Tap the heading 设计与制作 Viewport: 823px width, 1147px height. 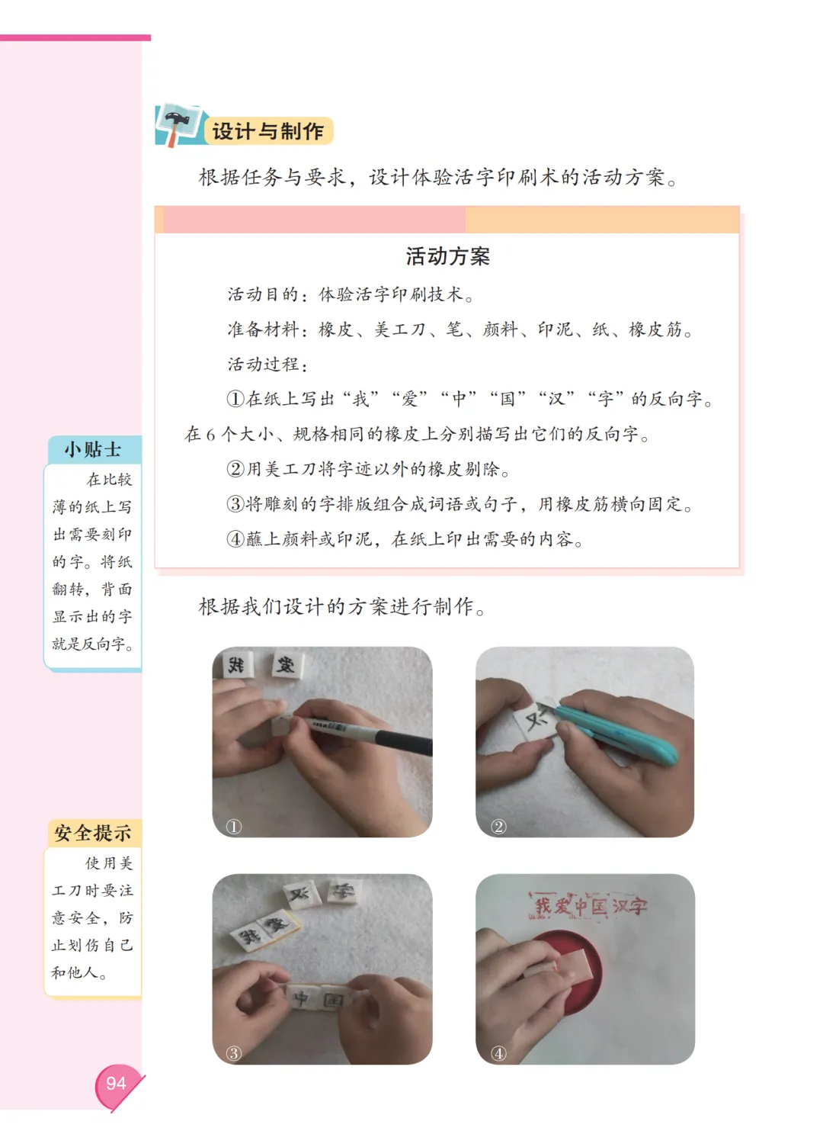(267, 131)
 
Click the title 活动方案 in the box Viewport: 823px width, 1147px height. (447, 256)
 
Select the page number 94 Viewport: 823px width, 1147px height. (116, 1084)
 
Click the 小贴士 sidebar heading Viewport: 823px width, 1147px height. (92, 449)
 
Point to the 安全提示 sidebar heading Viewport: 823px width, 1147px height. (92, 833)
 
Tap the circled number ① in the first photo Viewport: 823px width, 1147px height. (234, 827)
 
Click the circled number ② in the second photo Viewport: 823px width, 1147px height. (498, 827)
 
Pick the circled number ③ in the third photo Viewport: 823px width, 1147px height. (234, 1053)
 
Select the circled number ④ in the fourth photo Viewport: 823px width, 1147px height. (498, 1053)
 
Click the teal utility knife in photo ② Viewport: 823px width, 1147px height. (613, 731)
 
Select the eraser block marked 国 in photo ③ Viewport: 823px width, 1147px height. (334, 999)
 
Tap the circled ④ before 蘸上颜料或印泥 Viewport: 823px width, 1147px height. (235, 538)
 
